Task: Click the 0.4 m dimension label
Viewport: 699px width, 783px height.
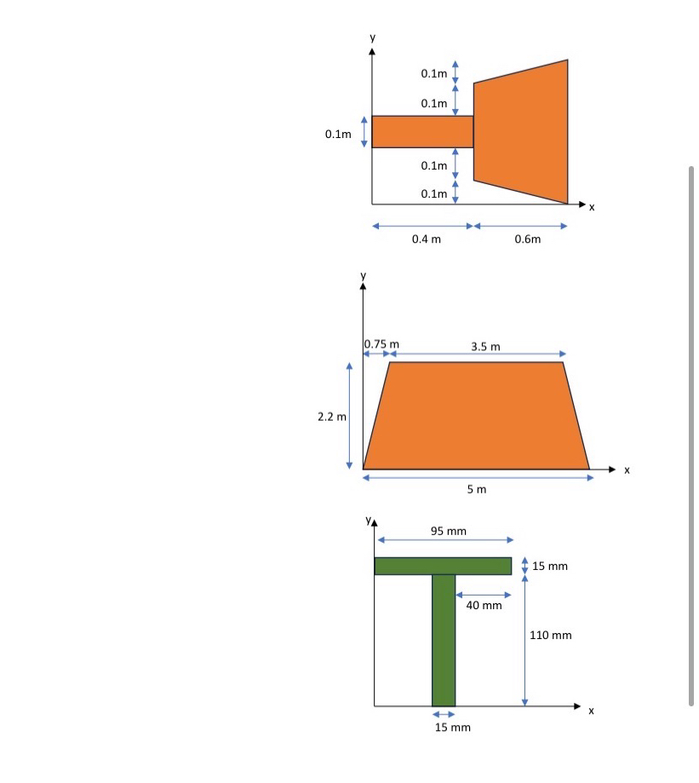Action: point(426,239)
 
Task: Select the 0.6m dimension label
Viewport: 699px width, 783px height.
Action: point(528,239)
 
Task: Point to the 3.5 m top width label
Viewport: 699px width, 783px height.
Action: point(485,346)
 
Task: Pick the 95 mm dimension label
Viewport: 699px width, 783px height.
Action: point(449,531)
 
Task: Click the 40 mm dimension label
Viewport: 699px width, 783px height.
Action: point(484,605)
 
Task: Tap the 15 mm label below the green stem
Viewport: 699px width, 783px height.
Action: point(452,727)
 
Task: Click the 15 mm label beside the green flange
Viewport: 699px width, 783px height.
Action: point(550,566)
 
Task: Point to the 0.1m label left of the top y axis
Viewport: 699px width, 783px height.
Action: point(338,134)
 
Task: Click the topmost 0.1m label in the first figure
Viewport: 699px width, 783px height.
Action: point(434,74)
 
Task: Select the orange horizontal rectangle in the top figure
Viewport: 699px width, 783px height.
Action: point(422,131)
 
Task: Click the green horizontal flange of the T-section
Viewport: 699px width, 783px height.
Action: point(443,566)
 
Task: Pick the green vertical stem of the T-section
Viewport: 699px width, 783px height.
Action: point(444,639)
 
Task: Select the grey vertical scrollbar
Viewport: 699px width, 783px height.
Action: point(691,435)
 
